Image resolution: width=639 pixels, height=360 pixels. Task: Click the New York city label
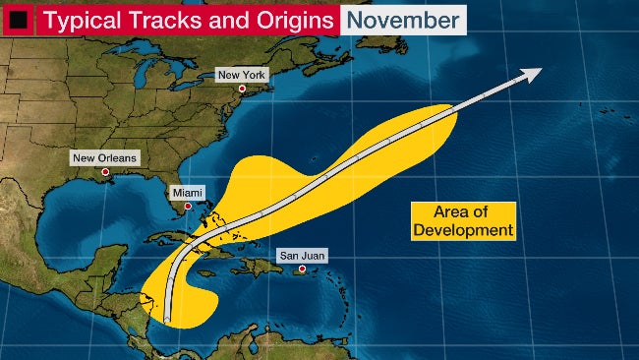[242, 75]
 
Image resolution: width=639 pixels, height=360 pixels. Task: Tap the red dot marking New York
[242, 90]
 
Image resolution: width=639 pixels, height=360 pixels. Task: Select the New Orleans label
[105, 157]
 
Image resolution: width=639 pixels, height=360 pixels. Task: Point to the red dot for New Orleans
[105, 172]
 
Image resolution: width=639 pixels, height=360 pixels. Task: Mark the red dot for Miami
[186, 208]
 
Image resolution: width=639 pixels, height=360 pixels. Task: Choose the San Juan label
[301, 255]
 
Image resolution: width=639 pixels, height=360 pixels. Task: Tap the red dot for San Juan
[302, 270]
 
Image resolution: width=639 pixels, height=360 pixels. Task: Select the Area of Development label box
[462, 221]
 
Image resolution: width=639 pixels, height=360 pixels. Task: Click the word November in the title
[403, 19]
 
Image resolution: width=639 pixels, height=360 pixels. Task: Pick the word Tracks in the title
[165, 19]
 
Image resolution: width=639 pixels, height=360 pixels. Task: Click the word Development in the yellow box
[463, 230]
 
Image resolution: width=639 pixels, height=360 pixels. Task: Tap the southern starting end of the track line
[168, 319]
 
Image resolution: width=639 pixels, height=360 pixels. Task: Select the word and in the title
[222, 19]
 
